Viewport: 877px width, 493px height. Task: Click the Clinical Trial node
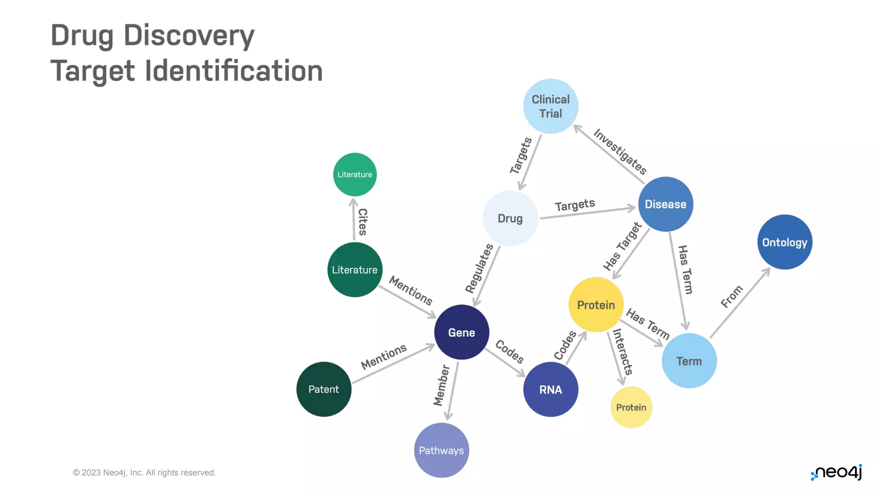pyautogui.click(x=550, y=106)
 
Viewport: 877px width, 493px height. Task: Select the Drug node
pyautogui.click(x=510, y=218)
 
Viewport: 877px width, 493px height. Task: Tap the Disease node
pyautogui.click(x=665, y=204)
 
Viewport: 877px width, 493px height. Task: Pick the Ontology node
pyautogui.click(x=785, y=242)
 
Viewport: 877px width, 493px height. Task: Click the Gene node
pyautogui.click(x=461, y=332)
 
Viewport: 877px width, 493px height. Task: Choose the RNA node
pyautogui.click(x=550, y=389)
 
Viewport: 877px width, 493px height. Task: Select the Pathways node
pyautogui.click(x=441, y=450)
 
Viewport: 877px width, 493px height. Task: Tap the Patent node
pyautogui.click(x=323, y=389)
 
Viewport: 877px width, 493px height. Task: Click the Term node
pyautogui.click(x=689, y=361)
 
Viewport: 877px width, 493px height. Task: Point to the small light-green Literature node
pyautogui.click(x=355, y=175)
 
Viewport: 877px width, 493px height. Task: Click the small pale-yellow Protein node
pyautogui.click(x=631, y=407)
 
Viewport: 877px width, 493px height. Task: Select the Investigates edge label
pyautogui.click(x=620, y=151)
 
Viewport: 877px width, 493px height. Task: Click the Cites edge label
pyautogui.click(x=363, y=222)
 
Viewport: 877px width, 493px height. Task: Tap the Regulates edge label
pyautogui.click(x=479, y=268)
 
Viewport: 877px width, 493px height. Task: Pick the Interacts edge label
pyautogui.click(x=623, y=352)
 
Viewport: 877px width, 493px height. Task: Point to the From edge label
pyautogui.click(x=731, y=296)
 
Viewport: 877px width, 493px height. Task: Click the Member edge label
pyautogui.click(x=441, y=385)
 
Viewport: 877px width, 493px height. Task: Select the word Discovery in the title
pyautogui.click(x=189, y=35)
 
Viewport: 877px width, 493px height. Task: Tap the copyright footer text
pyautogui.click(x=144, y=472)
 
